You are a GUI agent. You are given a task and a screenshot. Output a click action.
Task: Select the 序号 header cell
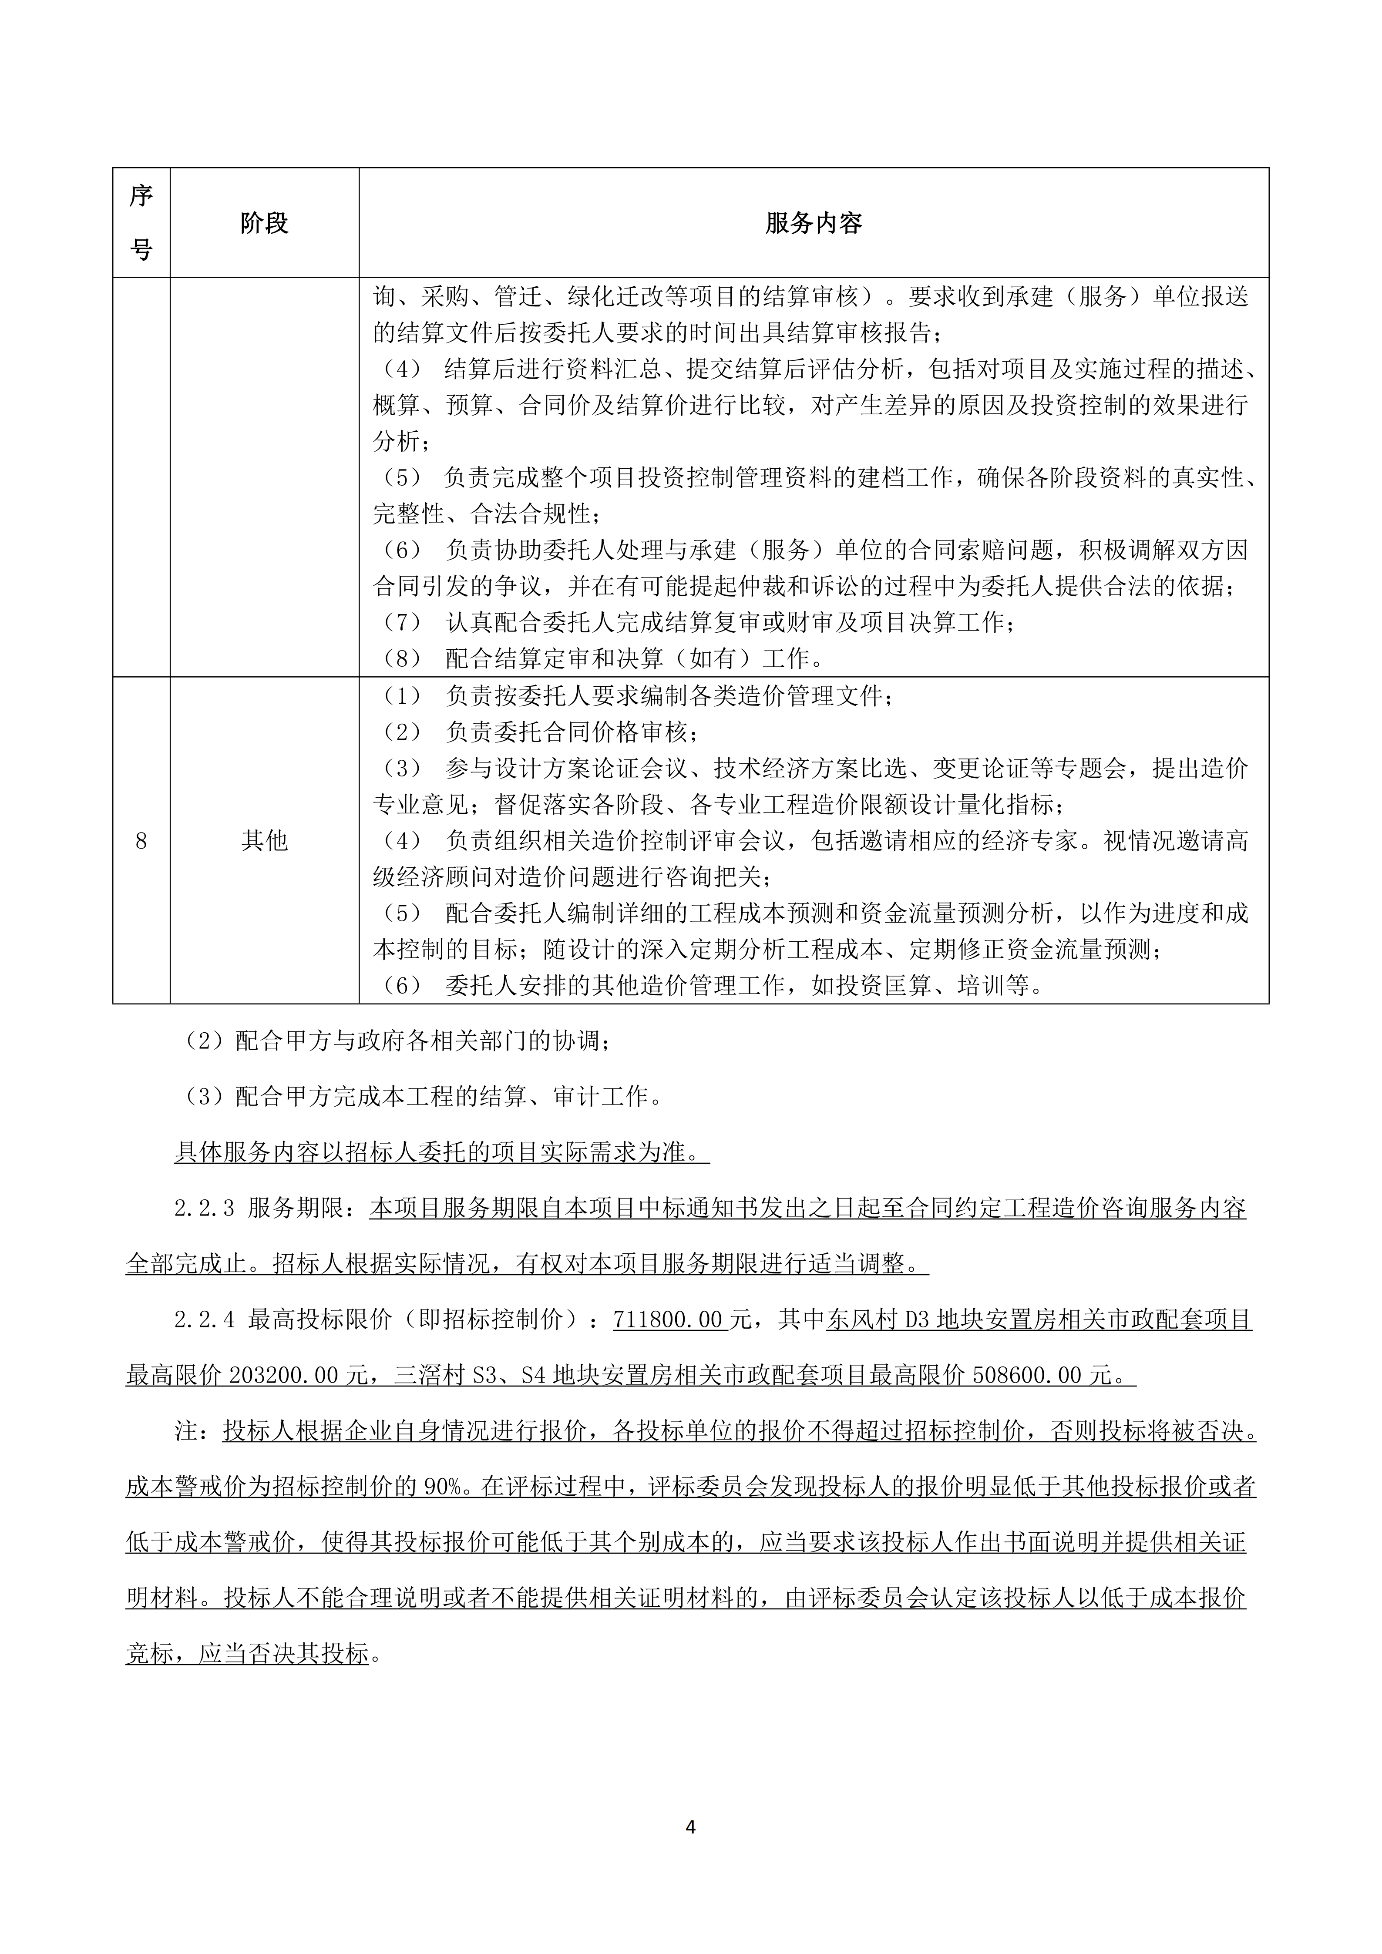141,223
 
